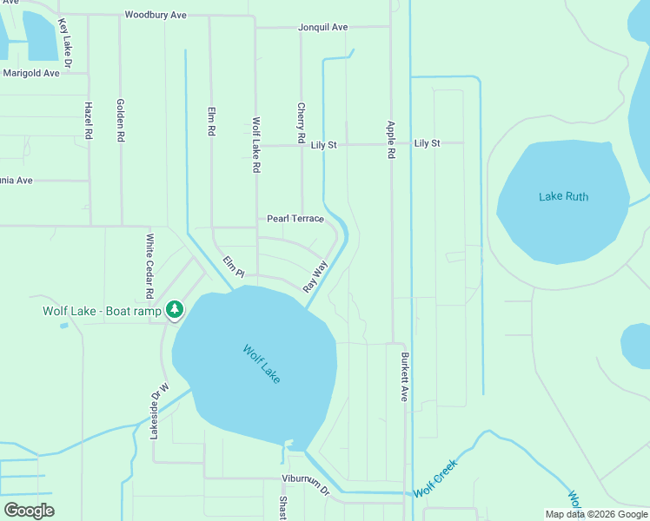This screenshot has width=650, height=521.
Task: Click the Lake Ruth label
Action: [563, 197]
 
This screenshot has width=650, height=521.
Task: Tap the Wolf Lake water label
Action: [262, 365]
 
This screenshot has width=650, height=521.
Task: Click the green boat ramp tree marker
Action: [175, 309]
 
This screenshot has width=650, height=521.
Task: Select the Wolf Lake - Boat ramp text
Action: [103, 311]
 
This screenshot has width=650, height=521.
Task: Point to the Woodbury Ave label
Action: [156, 15]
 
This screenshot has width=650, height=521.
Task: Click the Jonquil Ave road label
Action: [322, 28]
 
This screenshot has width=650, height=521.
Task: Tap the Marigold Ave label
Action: [31, 73]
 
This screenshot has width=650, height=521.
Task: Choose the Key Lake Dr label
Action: [64, 44]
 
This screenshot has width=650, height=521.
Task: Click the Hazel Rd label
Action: [89, 121]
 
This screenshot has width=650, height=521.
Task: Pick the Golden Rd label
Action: [121, 121]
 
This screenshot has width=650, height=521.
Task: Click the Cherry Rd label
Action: [302, 123]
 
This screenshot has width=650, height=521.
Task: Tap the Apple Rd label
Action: [391, 139]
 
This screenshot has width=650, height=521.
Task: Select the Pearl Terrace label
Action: [295, 219]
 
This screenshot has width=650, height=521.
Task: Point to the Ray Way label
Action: [315, 276]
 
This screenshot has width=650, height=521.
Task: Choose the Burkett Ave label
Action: [404, 376]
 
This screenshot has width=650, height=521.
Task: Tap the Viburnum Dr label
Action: [306, 484]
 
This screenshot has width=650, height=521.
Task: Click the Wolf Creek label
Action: [434, 478]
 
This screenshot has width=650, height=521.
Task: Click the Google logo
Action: [29, 511]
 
